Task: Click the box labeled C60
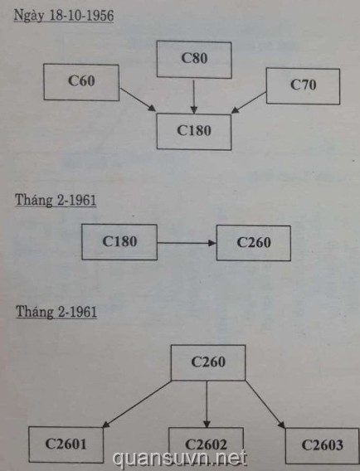[81, 82]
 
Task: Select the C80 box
[194, 60]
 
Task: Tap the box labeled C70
[303, 86]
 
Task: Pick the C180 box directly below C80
[194, 131]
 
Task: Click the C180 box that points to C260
[119, 242]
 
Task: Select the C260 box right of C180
[253, 243]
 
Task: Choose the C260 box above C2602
[208, 362]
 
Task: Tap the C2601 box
[66, 444]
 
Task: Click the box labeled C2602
[206, 445]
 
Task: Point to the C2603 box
[322, 446]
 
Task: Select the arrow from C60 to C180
[138, 100]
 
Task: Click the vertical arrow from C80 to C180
[194, 96]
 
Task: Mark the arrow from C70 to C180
[249, 103]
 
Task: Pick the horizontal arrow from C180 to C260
[187, 243]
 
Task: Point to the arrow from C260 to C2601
[137, 404]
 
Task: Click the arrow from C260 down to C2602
[207, 405]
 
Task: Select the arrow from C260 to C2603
[265, 405]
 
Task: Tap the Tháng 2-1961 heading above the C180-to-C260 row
[56, 200]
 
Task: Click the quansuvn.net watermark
[180, 459]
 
